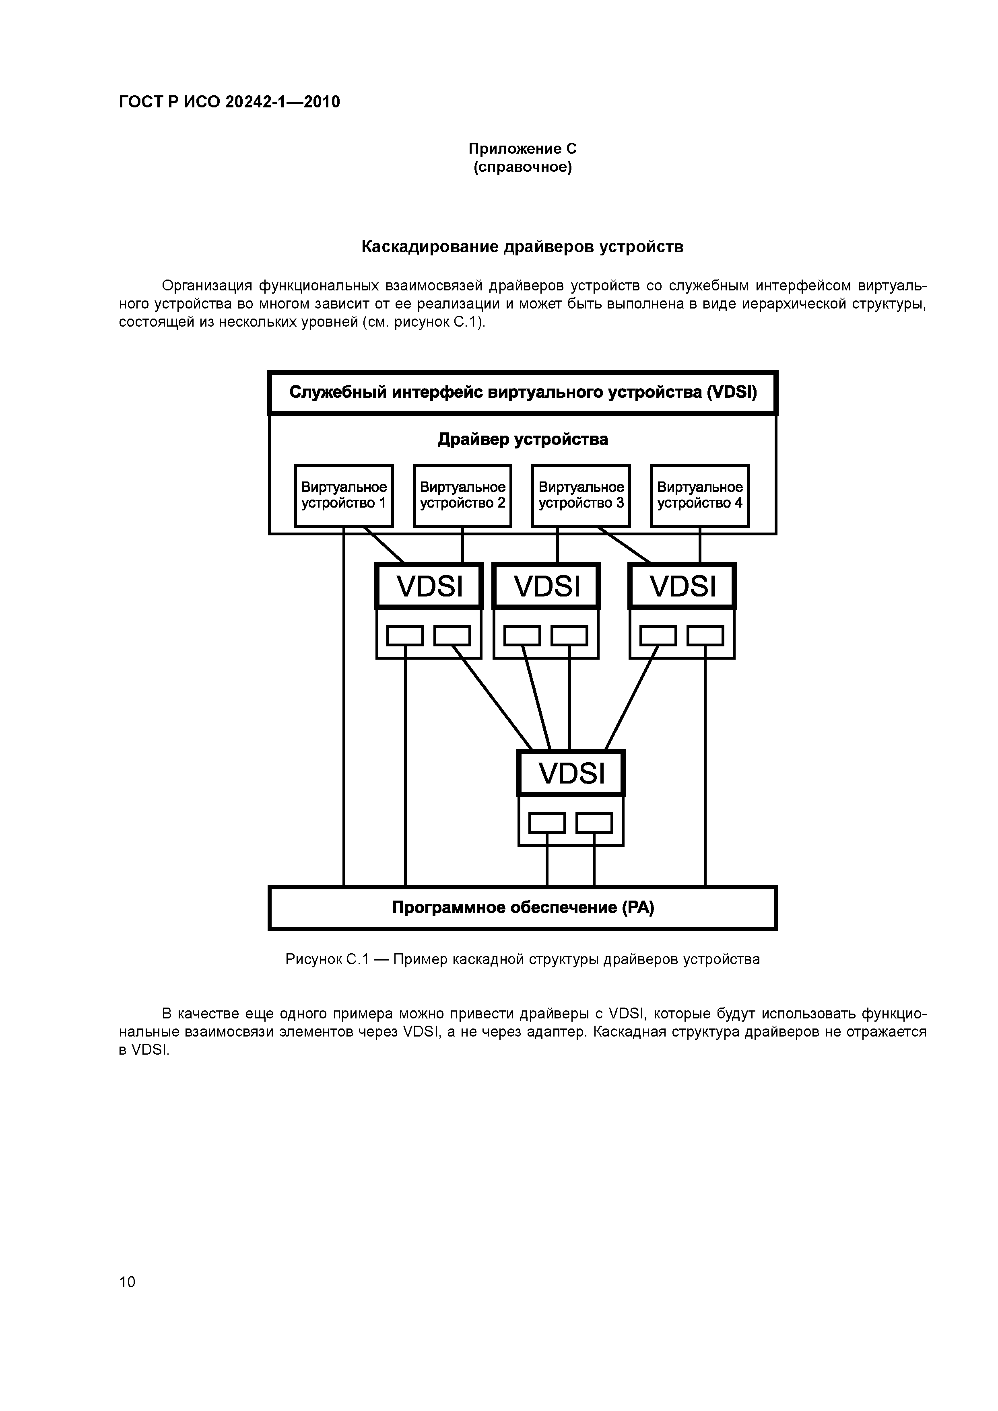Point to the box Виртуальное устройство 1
coord(344,495)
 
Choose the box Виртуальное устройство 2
coord(462,495)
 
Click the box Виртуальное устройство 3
coord(581,495)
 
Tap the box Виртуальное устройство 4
coord(700,495)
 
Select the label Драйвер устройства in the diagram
coord(523,439)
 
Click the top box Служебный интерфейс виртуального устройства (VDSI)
coord(523,393)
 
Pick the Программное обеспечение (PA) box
coord(523,908)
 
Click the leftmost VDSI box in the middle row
coord(429,586)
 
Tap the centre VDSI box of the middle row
coord(546,586)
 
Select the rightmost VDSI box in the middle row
coord(683,586)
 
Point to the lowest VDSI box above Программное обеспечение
coord(571,773)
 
